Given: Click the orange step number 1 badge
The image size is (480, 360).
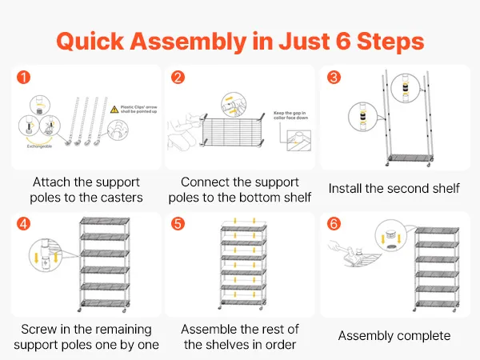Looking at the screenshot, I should pos(23,78).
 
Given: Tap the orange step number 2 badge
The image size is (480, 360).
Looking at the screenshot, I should pos(178,78).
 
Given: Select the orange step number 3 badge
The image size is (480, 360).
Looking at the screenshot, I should pos(334,78).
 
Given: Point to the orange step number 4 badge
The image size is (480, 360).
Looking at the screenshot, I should pos(23,223).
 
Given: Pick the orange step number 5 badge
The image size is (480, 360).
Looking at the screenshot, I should pos(178,223).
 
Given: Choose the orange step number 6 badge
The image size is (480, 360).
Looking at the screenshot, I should pos(334,223).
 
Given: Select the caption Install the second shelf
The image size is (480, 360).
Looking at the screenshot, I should pos(394,189).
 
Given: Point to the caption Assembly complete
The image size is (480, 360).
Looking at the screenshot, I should pos(394,336).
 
